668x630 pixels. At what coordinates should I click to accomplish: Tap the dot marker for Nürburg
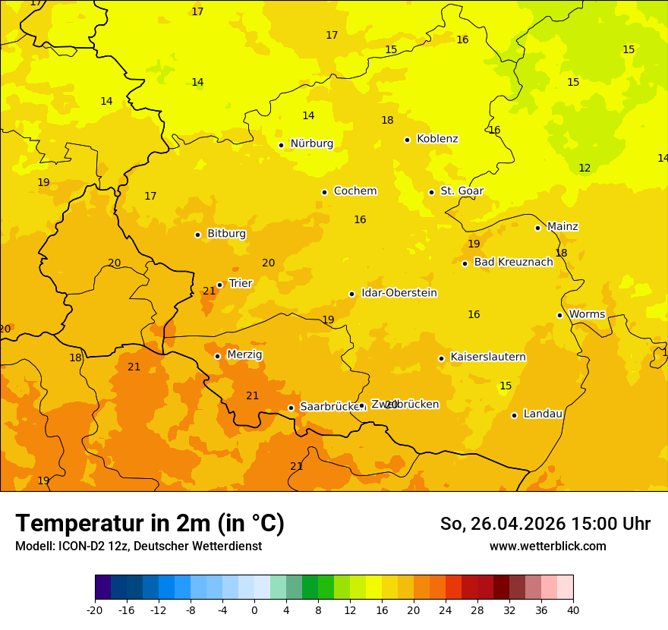[x=281, y=145]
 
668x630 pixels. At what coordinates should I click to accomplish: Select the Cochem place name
[x=354, y=191]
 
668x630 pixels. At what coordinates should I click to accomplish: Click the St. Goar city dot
[x=431, y=192]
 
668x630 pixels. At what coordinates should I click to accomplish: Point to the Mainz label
[x=562, y=226]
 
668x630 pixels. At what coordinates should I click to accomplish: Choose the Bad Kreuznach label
[x=513, y=262]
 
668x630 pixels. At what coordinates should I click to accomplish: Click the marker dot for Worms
[x=559, y=315]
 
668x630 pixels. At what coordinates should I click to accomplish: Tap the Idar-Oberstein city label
[x=399, y=293]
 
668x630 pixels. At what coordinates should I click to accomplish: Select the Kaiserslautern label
[x=488, y=357]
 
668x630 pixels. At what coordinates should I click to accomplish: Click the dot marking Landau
[x=514, y=415]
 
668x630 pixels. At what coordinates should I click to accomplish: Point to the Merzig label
[x=244, y=354]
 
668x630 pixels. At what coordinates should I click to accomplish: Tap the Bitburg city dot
[x=197, y=235]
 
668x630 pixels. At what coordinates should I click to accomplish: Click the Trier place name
[x=241, y=283]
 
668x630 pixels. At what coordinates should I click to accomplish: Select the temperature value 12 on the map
[x=584, y=168]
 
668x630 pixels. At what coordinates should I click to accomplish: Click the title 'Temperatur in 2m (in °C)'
[x=150, y=524]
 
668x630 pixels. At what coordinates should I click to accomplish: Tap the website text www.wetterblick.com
[x=547, y=547]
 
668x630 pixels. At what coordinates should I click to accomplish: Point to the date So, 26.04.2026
[x=503, y=524]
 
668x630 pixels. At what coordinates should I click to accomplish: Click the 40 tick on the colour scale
[x=573, y=610]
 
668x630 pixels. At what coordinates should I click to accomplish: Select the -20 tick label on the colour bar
[x=95, y=610]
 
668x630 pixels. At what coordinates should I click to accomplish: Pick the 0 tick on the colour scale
[x=254, y=610]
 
